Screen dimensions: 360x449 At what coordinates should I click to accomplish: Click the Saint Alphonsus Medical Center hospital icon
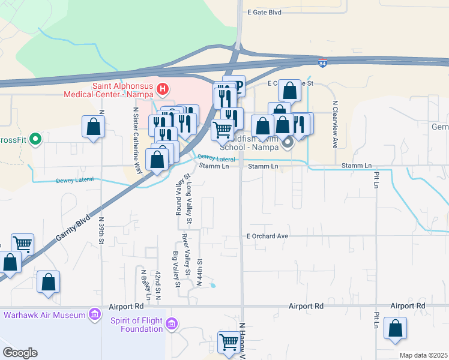click(161, 90)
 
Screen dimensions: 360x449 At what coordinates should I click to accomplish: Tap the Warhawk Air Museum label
click(44, 314)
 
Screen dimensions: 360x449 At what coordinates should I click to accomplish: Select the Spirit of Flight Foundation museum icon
click(172, 325)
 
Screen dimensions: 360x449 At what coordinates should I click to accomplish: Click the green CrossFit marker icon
click(35, 140)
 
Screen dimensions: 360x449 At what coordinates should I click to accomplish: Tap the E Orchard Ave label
click(267, 236)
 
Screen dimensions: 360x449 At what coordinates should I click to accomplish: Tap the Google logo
click(20, 353)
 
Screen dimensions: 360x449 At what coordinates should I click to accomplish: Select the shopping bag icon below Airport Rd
click(395, 328)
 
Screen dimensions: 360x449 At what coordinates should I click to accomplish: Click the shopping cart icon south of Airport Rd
click(229, 342)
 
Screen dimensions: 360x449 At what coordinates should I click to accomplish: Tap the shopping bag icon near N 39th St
click(93, 127)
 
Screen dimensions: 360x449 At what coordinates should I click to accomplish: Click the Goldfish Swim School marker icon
click(288, 142)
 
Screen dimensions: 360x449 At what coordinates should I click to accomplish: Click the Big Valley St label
click(176, 269)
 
